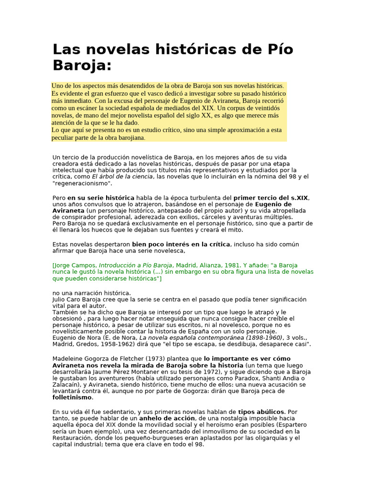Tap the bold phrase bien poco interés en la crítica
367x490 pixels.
tap(181, 244)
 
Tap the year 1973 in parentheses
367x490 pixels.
tap(153, 358)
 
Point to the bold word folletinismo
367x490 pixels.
tap(72, 397)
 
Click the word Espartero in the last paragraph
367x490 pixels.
tap(291, 425)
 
